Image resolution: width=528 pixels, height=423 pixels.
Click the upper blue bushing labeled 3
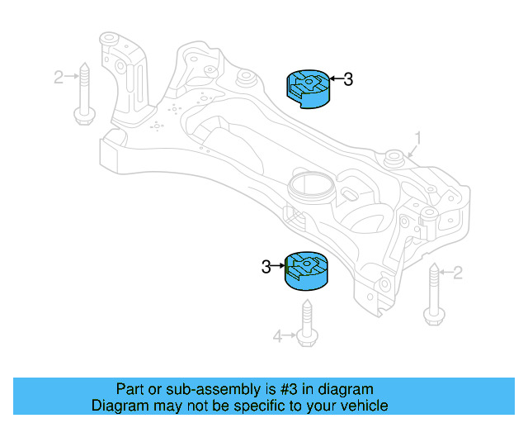click(308, 89)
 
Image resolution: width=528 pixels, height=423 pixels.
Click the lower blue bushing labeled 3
click(306, 271)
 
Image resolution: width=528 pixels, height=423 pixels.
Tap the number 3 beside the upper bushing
click(348, 79)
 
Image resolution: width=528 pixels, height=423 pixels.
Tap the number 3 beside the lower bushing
click(266, 267)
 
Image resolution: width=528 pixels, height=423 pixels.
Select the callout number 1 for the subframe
click(418, 139)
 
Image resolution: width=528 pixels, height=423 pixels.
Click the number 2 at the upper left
click(59, 77)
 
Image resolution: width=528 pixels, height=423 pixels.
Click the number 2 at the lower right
click(458, 273)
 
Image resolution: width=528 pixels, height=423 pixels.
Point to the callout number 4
click(277, 336)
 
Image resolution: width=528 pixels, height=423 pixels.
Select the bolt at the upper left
click(84, 94)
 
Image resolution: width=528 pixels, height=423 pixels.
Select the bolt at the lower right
click(434, 294)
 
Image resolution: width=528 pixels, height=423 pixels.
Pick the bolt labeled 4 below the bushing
click(307, 323)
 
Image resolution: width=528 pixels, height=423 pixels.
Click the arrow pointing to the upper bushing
click(336, 79)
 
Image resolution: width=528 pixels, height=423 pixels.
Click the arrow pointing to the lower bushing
click(278, 266)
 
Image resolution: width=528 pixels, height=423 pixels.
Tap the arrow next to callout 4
click(290, 335)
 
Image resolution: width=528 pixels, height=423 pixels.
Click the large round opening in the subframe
click(311, 186)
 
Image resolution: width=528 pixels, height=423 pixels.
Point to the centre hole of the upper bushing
click(309, 81)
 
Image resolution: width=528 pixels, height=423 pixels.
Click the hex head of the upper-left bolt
click(84, 116)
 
